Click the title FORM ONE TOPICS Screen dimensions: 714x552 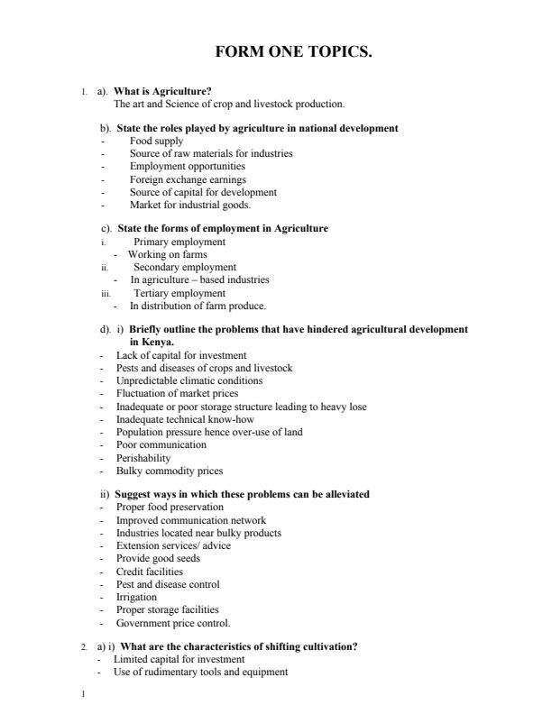coord(293,52)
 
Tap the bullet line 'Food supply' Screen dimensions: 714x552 coord(156,142)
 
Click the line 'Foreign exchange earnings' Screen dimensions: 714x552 coord(188,179)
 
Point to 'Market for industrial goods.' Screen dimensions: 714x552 coord(190,205)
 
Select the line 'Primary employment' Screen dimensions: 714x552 coord(179,243)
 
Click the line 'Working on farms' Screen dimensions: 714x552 coord(167,255)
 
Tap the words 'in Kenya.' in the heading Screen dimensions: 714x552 coord(152,343)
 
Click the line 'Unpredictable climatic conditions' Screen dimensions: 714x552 coord(186,381)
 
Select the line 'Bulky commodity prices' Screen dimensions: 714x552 coord(169,471)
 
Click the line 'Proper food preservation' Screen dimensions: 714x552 coord(170,508)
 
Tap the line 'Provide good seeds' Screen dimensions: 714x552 coord(158,559)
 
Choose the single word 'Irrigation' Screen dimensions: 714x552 coord(136,597)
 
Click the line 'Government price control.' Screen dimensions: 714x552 coord(173,623)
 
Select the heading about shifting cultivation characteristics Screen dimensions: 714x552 coord(239,647)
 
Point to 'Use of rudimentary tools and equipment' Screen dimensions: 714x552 coord(200,673)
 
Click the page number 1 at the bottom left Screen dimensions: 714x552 coord(82,694)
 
